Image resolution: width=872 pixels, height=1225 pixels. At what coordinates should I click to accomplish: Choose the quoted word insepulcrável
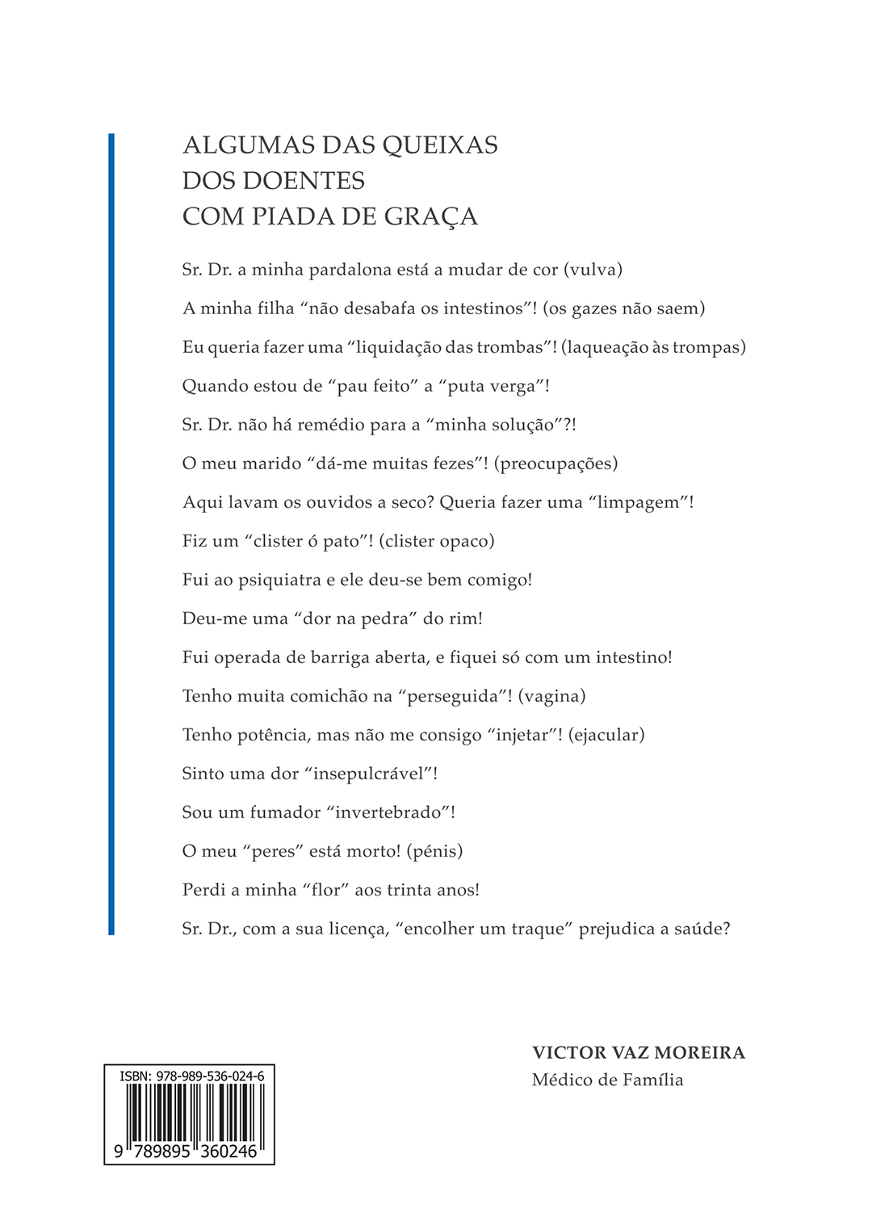[x=378, y=774]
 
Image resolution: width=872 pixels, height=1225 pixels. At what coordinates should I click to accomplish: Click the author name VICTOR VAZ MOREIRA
[x=639, y=1053]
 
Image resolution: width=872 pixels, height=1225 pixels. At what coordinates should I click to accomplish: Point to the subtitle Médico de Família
[x=607, y=1080]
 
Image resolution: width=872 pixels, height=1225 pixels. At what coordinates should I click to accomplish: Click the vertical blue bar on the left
[x=111, y=533]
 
